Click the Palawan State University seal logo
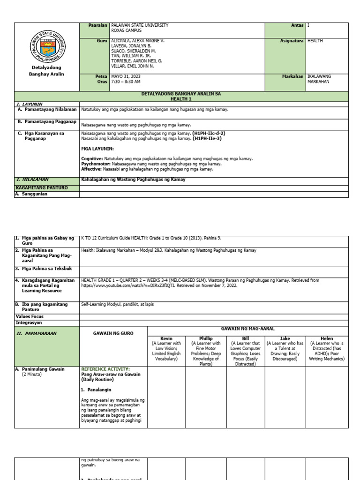(x=47, y=46)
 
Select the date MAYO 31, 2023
(x=126, y=76)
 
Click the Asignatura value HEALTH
(x=315, y=41)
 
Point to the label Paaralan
(x=98, y=25)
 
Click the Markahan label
(x=293, y=76)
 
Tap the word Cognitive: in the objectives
(x=92, y=159)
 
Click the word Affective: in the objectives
(x=92, y=169)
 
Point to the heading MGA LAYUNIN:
(x=97, y=149)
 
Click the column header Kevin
(x=166, y=338)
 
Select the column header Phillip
(x=206, y=338)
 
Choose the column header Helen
(x=327, y=338)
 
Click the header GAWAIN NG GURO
(x=113, y=333)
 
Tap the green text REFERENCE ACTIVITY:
(x=105, y=369)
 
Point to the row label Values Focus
(x=30, y=317)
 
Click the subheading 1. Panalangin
(x=98, y=390)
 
